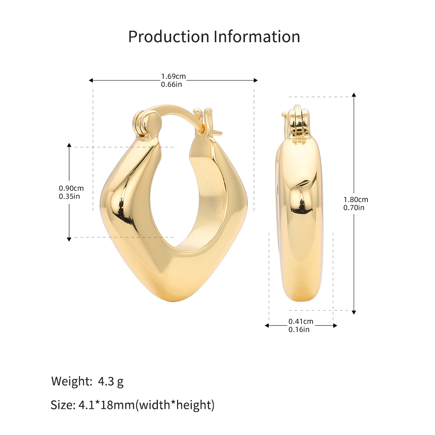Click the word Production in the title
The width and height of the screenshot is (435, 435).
click(169, 37)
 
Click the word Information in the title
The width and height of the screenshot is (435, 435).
click(257, 37)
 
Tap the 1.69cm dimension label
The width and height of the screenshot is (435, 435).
click(174, 76)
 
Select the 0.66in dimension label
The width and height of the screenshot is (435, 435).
click(171, 84)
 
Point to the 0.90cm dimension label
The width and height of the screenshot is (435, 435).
click(71, 188)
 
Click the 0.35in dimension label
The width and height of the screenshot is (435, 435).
click(69, 197)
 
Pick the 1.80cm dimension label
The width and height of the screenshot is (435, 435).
click(356, 200)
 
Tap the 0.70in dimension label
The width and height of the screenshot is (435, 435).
click(354, 208)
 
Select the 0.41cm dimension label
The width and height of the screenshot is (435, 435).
click(301, 321)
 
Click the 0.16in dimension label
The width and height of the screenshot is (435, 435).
click(299, 330)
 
